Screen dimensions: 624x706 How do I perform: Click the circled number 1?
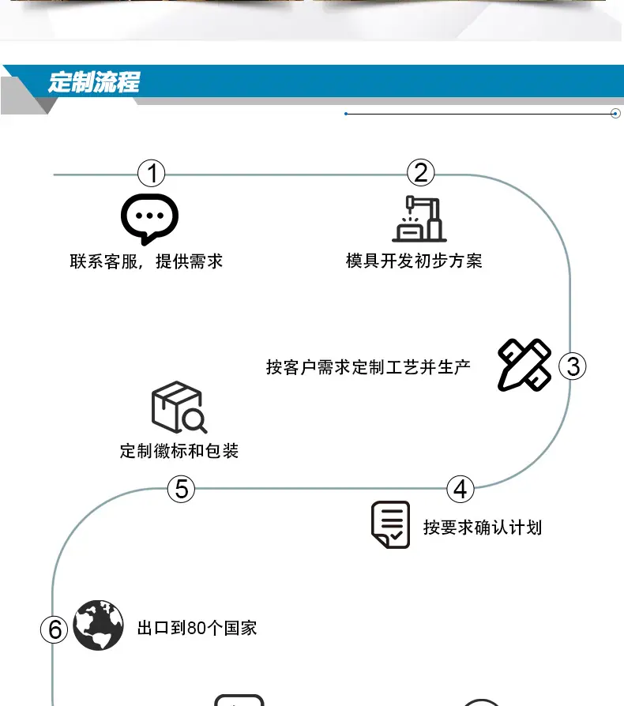click(152, 174)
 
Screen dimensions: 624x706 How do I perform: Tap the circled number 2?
click(420, 172)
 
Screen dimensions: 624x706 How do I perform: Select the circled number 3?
click(572, 366)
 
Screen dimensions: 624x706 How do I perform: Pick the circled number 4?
click(460, 489)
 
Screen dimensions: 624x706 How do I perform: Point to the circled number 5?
click(181, 489)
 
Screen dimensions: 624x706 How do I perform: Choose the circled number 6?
click(54, 629)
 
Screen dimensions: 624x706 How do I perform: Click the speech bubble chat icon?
click(149, 219)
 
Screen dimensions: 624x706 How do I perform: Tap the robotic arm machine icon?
click(419, 219)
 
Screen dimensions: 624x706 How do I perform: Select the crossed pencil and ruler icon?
click(524, 365)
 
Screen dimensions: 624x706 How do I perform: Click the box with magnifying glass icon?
click(179, 407)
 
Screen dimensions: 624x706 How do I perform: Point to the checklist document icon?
click(390, 524)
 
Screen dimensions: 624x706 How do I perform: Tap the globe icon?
click(98, 625)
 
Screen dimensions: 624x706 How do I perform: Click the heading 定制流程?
click(94, 82)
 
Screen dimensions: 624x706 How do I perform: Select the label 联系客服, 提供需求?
click(146, 261)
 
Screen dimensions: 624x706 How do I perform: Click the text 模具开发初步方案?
click(414, 261)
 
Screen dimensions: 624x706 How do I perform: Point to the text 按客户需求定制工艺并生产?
click(368, 367)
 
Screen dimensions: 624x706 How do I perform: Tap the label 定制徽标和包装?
click(179, 451)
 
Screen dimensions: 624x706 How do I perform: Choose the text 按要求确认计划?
click(482, 528)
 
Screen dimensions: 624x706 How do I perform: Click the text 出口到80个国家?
click(197, 628)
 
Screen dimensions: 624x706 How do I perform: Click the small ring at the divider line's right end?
click(615, 114)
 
